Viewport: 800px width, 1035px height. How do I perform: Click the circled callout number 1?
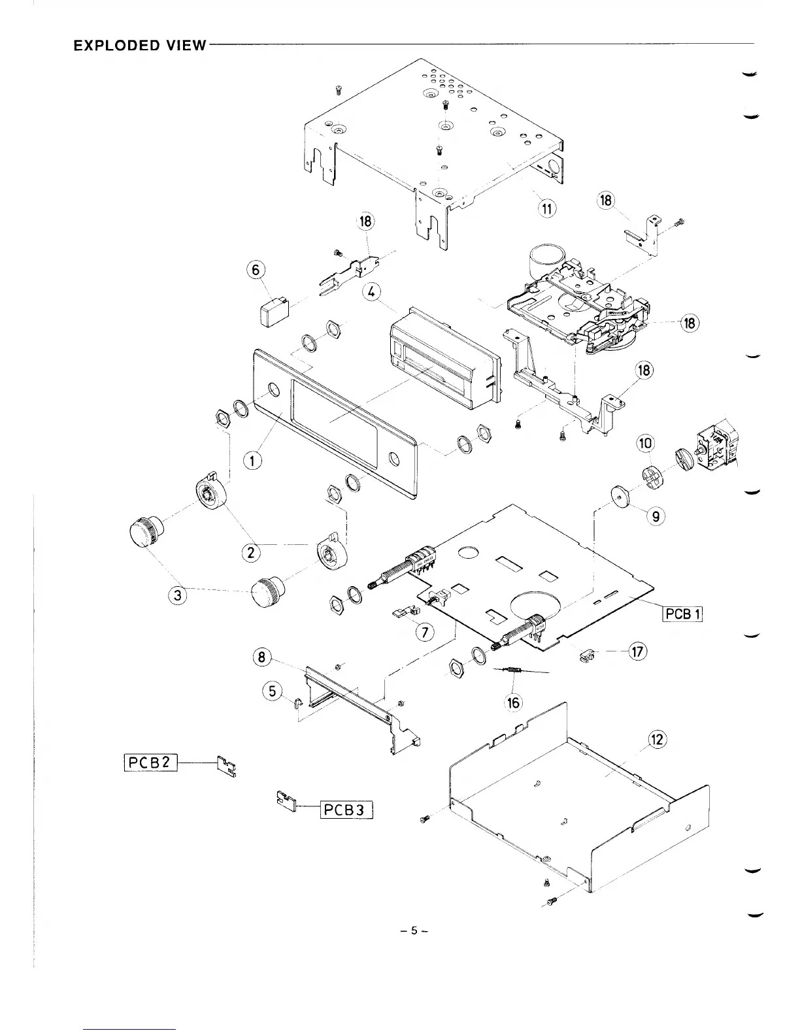pos(252,460)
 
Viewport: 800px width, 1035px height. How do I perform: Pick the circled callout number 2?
pos(250,552)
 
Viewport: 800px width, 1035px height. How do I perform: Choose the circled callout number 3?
pos(178,595)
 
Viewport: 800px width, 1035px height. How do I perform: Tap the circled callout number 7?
pos(425,632)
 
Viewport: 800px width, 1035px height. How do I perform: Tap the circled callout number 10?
pos(645,443)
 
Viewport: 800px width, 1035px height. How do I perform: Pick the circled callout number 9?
pos(656,517)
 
